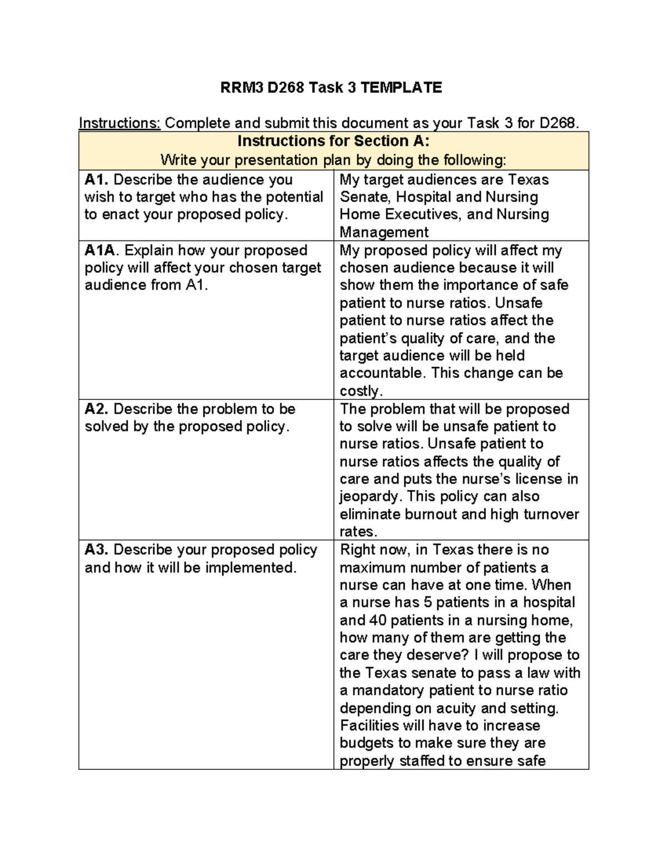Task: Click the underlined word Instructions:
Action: click(120, 123)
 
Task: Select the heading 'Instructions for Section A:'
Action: click(333, 141)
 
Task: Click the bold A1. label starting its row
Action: click(97, 180)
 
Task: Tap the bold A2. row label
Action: click(97, 409)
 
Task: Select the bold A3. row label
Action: click(97, 550)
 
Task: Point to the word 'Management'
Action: click(384, 232)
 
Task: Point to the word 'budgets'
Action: click(366, 743)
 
